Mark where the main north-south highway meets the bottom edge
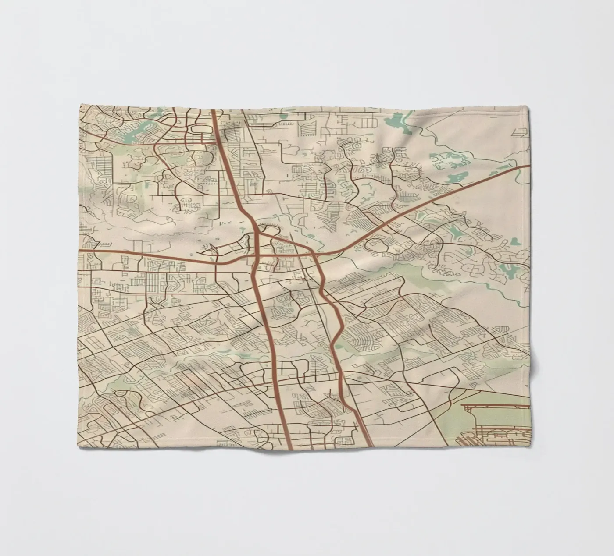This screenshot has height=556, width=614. [289, 449]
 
